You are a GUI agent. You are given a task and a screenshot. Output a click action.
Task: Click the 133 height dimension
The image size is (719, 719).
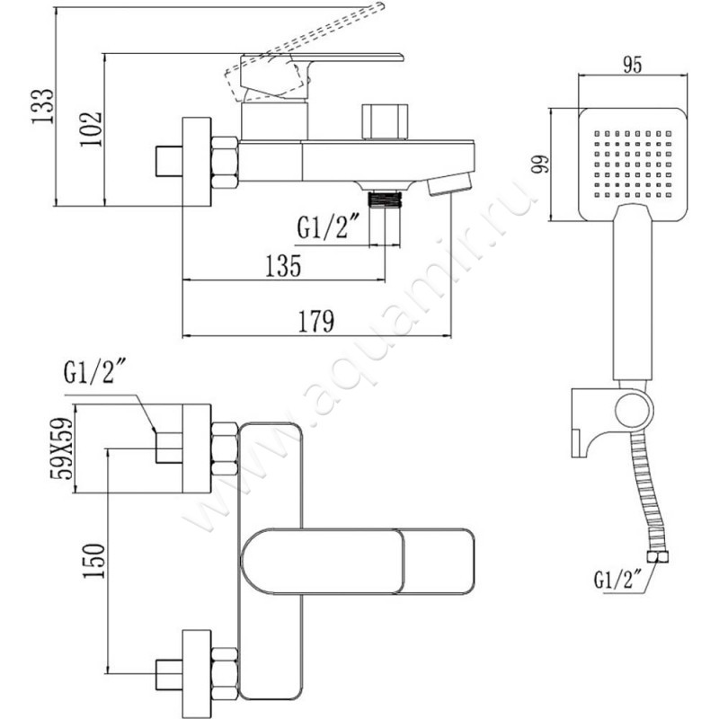coord(43,106)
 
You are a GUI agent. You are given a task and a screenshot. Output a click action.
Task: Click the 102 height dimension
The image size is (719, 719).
coord(92,129)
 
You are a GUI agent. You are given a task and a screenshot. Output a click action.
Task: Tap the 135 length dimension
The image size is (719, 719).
coord(283,266)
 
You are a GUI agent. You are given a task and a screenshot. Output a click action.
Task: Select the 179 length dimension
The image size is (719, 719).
coord(316,321)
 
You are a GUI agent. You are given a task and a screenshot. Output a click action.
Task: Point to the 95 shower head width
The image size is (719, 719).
coord(633,66)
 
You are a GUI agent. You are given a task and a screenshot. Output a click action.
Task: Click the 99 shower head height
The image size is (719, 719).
coord(540,164)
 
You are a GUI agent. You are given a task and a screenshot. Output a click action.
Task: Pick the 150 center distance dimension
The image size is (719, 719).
coord(94,561)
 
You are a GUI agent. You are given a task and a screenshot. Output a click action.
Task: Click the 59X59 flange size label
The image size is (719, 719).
coord(61,448)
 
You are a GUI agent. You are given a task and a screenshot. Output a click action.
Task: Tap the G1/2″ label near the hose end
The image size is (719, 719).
coord(613,579)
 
